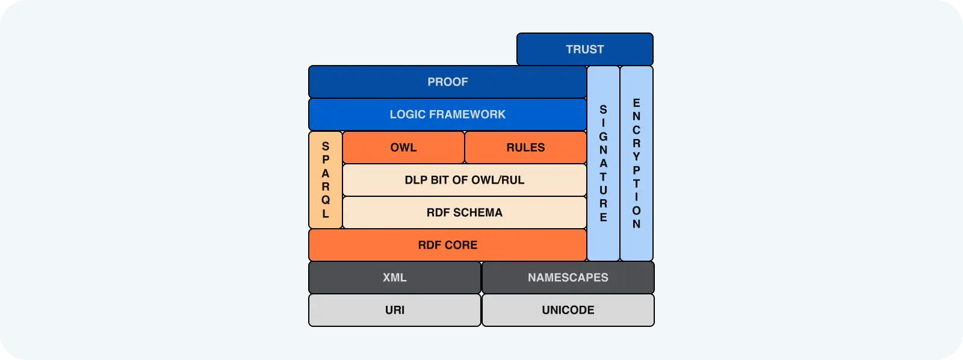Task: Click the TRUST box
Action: click(x=584, y=49)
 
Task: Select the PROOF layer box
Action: click(x=447, y=82)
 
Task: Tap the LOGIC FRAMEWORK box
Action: click(x=447, y=114)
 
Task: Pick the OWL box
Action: click(x=403, y=147)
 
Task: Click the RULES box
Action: click(x=525, y=147)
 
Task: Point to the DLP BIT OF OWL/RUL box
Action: click(x=464, y=180)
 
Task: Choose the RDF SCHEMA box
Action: click(x=464, y=213)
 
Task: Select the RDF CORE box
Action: click(x=447, y=245)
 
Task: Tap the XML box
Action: click(x=395, y=278)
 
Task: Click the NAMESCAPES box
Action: click(x=568, y=278)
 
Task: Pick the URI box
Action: click(x=395, y=310)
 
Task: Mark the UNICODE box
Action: click(x=568, y=310)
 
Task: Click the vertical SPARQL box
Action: click(x=326, y=180)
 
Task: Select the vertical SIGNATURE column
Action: click(x=603, y=163)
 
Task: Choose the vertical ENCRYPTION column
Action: click(x=636, y=163)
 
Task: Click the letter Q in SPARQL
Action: click(x=326, y=200)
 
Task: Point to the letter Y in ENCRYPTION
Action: click(x=636, y=157)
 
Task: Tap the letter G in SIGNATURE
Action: click(x=603, y=137)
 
